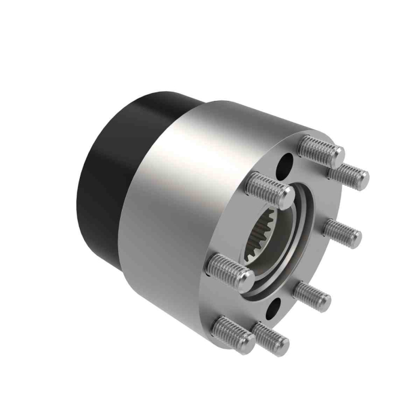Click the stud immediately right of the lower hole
313,295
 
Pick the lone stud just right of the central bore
342,233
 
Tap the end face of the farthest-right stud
362,178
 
